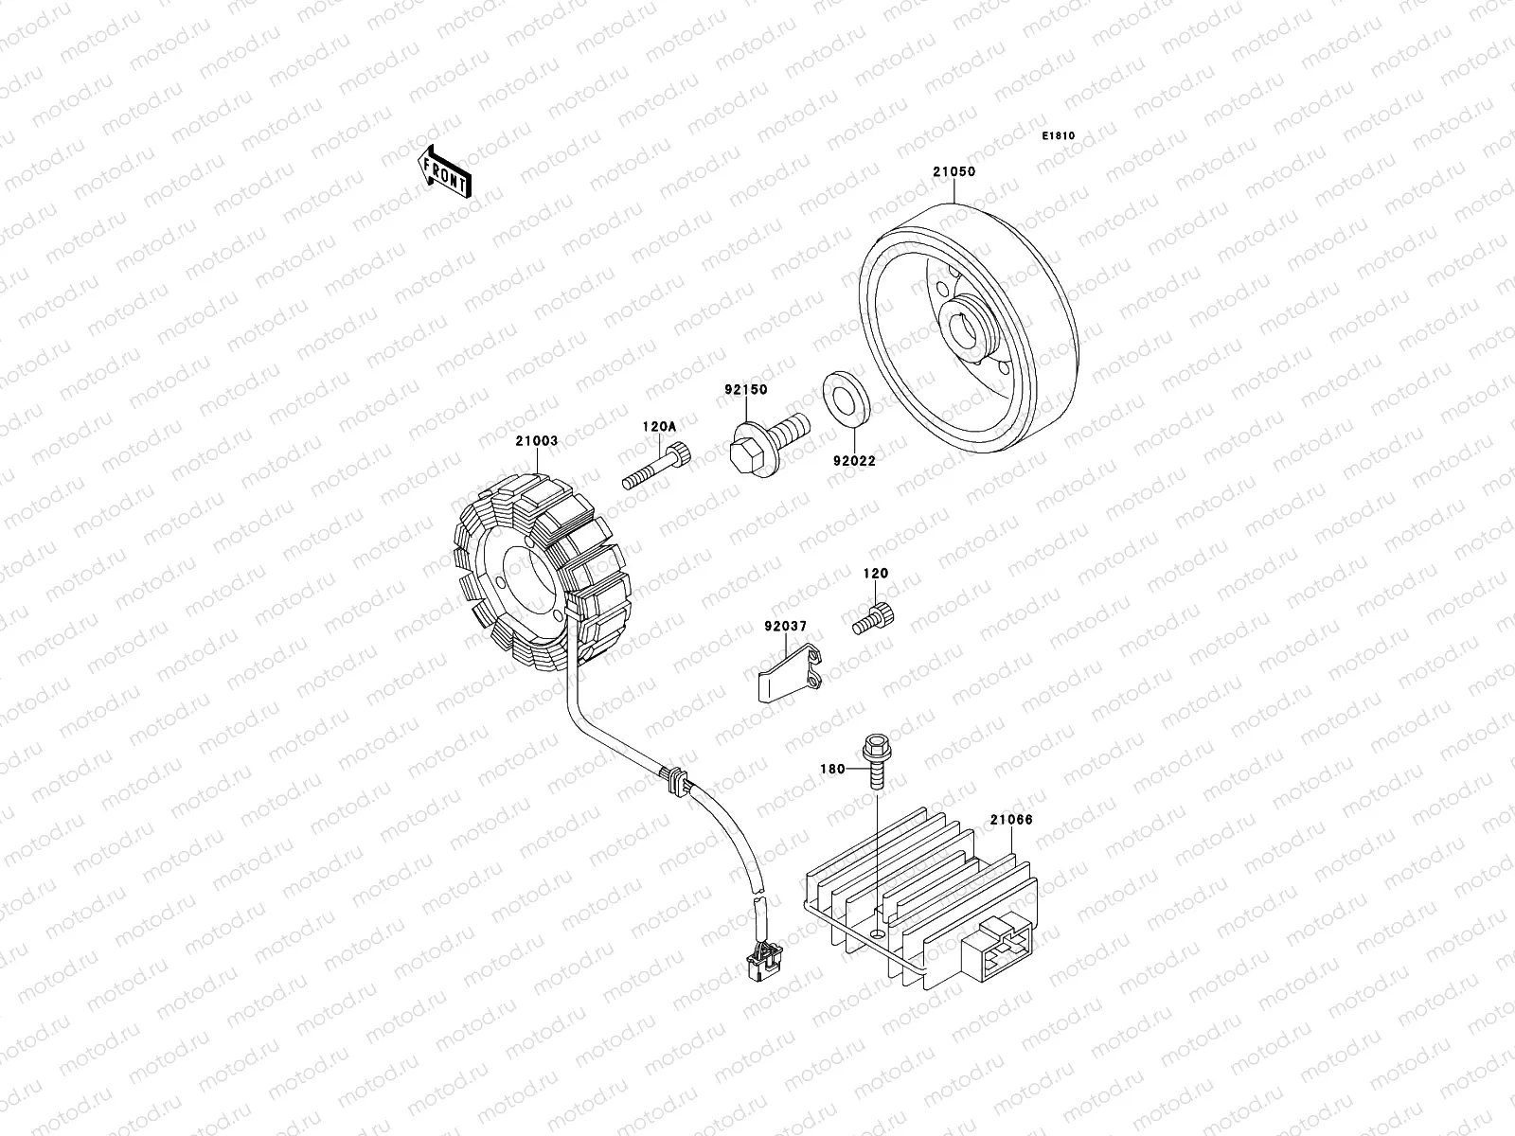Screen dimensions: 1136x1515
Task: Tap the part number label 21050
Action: (x=954, y=172)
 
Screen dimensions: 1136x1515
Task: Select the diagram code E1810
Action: (x=1059, y=136)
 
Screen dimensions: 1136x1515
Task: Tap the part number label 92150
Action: (x=745, y=389)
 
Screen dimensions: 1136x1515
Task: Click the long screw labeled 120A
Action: (x=657, y=469)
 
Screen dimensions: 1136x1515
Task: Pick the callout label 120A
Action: (x=659, y=427)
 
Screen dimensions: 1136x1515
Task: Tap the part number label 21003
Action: (x=536, y=441)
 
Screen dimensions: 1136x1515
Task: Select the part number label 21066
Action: (x=1010, y=820)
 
